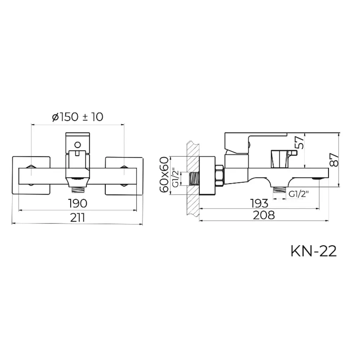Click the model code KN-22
[314, 251]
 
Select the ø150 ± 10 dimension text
[77, 117]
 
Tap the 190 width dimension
[77, 203]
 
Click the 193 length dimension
[259, 203]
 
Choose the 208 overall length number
[264, 215]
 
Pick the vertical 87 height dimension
[335, 158]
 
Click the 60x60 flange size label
[164, 175]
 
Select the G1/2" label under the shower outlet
[299, 194]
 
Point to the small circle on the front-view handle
[77, 145]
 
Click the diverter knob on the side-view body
[280, 158]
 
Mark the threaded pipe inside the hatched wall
[194, 178]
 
